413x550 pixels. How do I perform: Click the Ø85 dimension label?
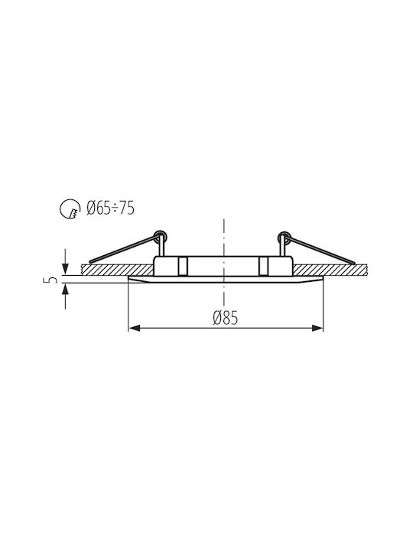point(225,318)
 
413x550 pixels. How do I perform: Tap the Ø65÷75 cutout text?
point(110,209)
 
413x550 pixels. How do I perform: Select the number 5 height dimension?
point(52,280)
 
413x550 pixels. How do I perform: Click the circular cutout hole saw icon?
point(69,209)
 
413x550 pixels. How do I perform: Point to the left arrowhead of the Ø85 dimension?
point(135,328)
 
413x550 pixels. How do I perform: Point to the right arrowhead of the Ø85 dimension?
point(317,328)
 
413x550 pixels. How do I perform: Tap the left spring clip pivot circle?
point(161,235)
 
